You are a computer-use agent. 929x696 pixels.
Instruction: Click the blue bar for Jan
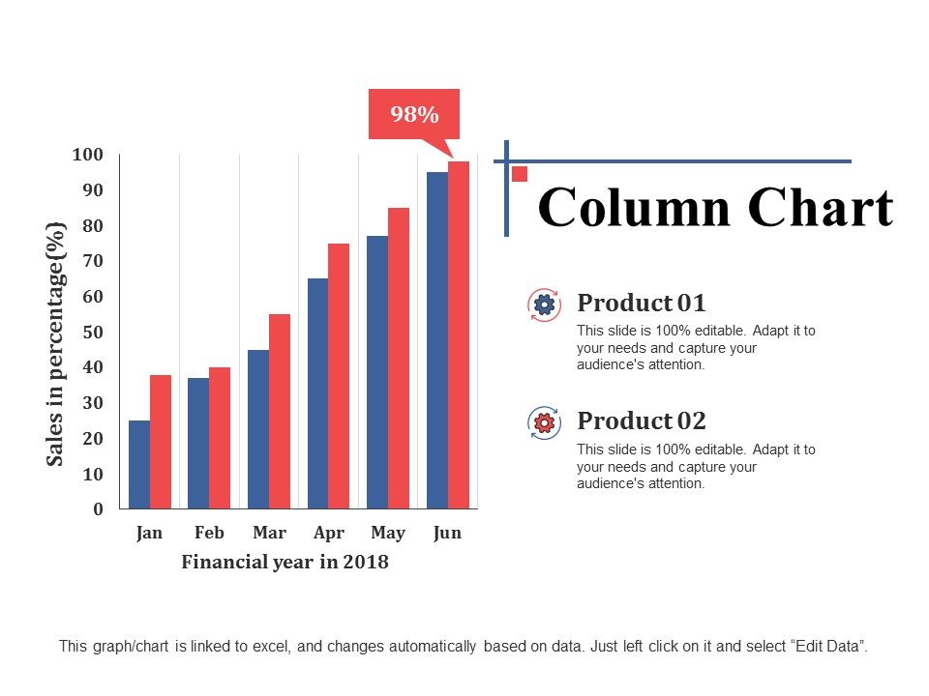point(139,464)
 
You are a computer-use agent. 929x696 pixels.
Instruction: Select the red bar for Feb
point(220,438)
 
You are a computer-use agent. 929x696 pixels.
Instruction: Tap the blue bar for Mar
point(258,429)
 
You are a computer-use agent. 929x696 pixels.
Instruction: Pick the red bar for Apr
point(339,376)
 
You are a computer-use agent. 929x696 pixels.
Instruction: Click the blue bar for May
point(377,372)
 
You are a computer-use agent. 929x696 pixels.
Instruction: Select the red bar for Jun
point(458,334)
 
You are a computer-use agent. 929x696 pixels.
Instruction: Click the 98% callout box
point(414,115)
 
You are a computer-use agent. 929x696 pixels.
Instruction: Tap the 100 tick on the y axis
point(87,155)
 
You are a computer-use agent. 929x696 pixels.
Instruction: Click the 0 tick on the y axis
point(97,509)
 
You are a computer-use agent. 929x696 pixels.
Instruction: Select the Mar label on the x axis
point(269,533)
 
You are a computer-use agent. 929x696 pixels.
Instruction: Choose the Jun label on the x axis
point(447,533)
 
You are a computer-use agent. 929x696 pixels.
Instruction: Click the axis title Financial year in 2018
point(285,562)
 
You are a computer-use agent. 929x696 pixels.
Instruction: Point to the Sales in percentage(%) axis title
point(56,343)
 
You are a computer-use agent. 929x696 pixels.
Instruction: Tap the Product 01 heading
point(642,303)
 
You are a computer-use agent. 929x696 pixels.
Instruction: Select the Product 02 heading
point(642,420)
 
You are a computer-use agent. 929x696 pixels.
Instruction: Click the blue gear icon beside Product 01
point(544,304)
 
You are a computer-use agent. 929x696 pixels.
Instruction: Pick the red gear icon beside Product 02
point(544,422)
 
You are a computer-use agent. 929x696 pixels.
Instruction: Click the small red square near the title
point(520,174)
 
